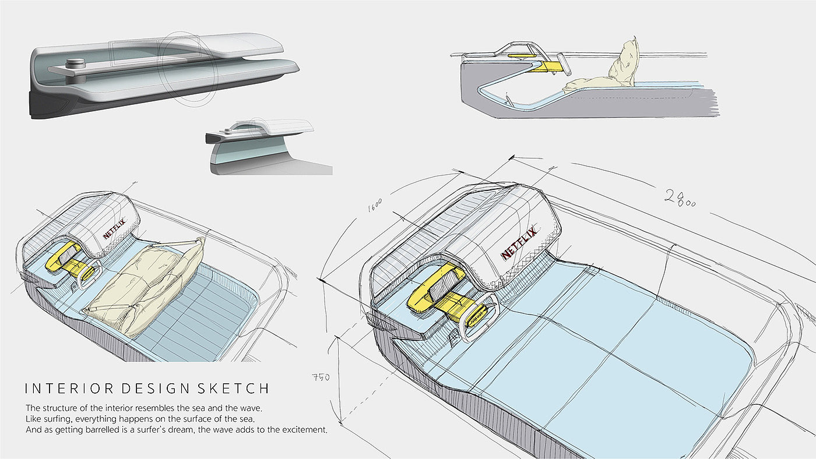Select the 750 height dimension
(320, 377)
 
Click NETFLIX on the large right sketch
(517, 247)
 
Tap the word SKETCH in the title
(238, 389)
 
